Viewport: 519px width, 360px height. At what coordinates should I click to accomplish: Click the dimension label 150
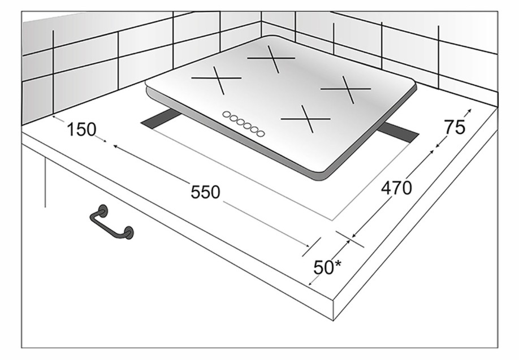[81, 129]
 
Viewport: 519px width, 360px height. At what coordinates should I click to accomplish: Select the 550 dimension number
[205, 192]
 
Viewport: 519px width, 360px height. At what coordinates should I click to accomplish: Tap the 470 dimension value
[396, 188]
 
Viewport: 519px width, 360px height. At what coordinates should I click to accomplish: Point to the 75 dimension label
[455, 127]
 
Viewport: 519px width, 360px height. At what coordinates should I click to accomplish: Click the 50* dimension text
[327, 267]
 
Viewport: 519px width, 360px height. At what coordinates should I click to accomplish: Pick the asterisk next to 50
[338, 263]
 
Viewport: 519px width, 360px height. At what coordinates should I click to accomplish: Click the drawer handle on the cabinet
[111, 222]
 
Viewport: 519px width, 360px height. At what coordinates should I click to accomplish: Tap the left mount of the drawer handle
[103, 211]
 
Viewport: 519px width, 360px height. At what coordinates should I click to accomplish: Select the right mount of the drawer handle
[128, 233]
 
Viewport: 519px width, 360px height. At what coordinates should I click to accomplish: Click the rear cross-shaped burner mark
[271, 59]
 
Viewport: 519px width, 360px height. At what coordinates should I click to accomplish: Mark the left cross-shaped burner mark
[217, 80]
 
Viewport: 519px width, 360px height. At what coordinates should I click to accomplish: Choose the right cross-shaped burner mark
[346, 89]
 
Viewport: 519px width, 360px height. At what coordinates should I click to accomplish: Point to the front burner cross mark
[306, 119]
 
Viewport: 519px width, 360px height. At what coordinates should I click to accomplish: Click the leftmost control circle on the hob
[227, 115]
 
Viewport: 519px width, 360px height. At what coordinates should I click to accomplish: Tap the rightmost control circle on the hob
[261, 133]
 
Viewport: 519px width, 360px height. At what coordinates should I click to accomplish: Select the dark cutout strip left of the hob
[161, 119]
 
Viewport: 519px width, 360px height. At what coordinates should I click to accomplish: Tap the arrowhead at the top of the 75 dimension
[470, 110]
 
